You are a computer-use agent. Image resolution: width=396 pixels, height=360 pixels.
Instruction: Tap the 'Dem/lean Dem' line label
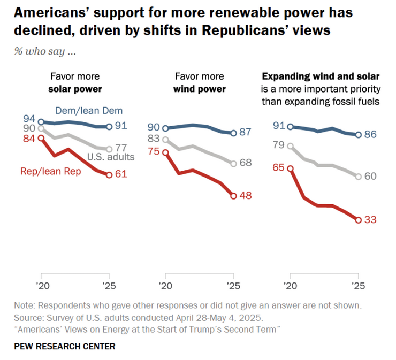[89, 111]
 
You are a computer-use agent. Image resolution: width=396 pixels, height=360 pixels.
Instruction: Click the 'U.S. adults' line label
[110, 157]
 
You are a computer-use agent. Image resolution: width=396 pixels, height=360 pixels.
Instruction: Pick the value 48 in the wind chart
[246, 196]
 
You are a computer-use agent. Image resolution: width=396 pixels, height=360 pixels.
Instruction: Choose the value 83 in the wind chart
[154, 139]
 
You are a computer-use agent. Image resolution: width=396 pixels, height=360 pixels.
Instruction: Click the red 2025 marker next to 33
[359, 219]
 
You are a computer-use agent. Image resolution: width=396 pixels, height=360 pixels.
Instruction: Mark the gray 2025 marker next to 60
[359, 176]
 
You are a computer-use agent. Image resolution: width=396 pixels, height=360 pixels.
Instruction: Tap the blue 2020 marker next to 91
[290, 127]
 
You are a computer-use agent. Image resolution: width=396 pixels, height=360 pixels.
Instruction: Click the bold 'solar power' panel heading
[75, 89]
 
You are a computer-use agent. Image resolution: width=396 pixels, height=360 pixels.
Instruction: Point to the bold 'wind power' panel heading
[199, 89]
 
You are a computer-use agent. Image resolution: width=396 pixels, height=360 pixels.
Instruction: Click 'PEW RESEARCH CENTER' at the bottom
[65, 346]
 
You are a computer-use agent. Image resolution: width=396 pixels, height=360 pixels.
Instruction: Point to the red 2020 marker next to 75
[165, 152]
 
